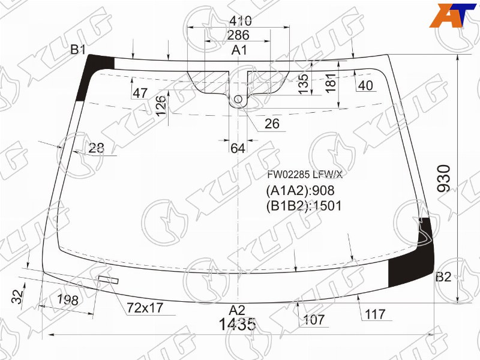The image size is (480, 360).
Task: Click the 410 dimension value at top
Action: [x=241, y=21]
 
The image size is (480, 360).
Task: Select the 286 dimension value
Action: [x=238, y=35]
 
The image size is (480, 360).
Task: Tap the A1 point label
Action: [x=239, y=50]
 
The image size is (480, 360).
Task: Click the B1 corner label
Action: [x=78, y=49]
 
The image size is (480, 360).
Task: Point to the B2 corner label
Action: [x=443, y=277]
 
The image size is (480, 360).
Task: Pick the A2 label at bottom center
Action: [x=237, y=310]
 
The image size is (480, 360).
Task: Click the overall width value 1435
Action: [x=237, y=325]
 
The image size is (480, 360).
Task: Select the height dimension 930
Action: [x=445, y=178]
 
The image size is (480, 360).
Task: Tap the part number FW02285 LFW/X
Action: [x=305, y=175]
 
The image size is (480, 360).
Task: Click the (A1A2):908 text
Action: [x=301, y=191]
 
